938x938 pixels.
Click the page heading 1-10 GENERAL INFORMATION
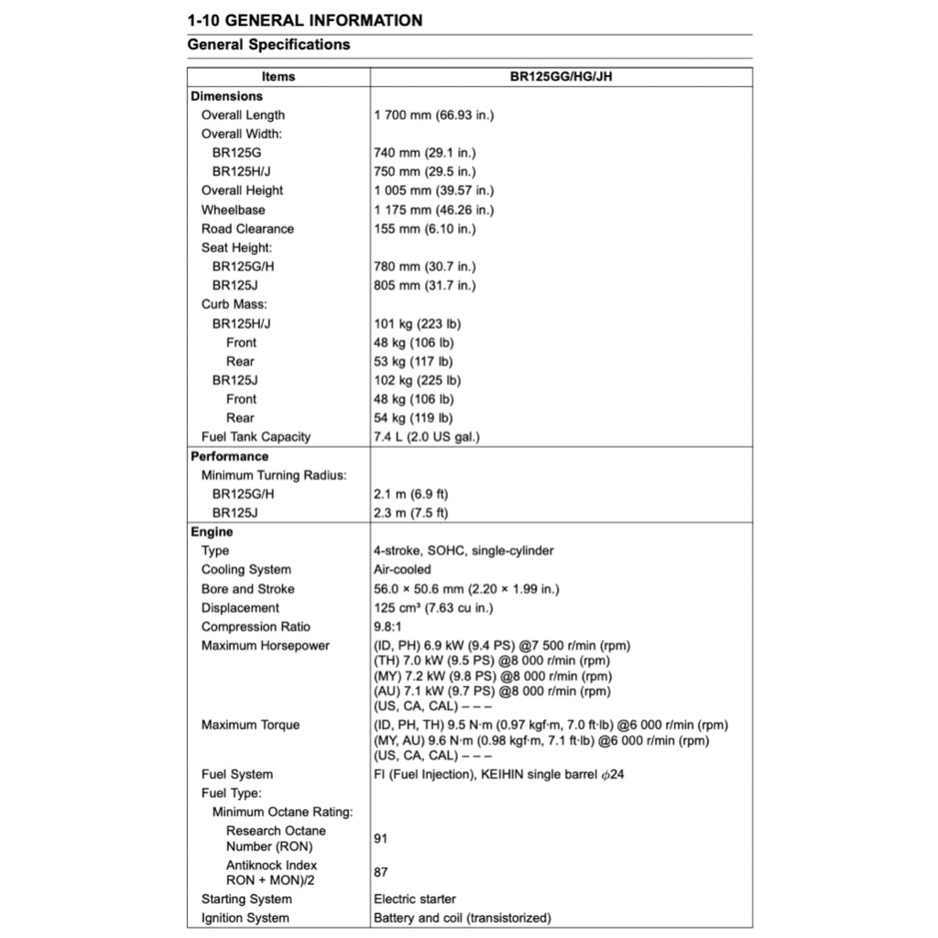pyautogui.click(x=304, y=20)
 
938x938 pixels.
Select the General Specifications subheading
pyautogui.click(x=268, y=44)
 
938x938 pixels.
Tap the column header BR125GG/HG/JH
pyautogui.click(x=561, y=77)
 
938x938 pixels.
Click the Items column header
pyautogui.click(x=278, y=77)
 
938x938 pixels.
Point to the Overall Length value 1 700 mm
pyautogui.click(x=434, y=115)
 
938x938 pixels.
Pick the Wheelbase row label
pyautogui.click(x=234, y=210)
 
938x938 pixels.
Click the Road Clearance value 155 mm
pyautogui.click(x=425, y=229)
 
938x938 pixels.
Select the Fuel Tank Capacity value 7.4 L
pyautogui.click(x=426, y=437)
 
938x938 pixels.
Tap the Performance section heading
pyautogui.click(x=229, y=456)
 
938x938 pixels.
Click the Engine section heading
pyautogui.click(x=212, y=532)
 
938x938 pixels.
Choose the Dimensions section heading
pyautogui.click(x=226, y=96)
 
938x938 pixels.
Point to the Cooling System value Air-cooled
pyautogui.click(x=402, y=570)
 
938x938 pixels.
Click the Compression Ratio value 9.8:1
pyautogui.click(x=387, y=627)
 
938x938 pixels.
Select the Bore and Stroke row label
pyautogui.click(x=248, y=589)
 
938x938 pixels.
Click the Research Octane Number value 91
pyautogui.click(x=381, y=838)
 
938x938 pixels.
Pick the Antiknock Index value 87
pyautogui.click(x=381, y=872)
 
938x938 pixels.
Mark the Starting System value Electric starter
pyautogui.click(x=414, y=899)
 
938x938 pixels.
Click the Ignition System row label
pyautogui.click(x=245, y=918)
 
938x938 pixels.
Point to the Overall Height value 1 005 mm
pyautogui.click(x=434, y=191)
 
